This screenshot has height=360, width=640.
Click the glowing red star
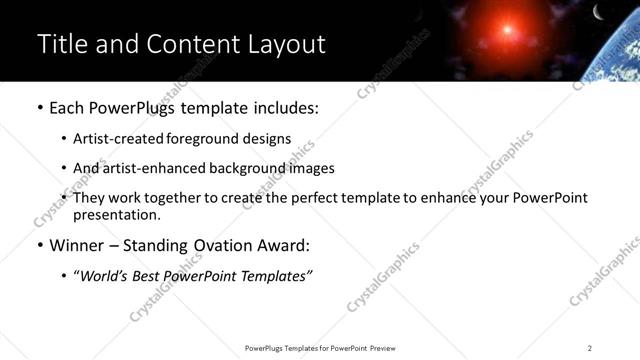[516, 25]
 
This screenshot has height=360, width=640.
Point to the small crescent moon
[598, 12]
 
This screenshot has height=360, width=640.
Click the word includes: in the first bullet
[286, 106]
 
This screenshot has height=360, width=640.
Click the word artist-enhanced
[151, 169]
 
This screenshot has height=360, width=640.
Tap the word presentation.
[116, 215]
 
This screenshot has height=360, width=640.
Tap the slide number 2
[590, 348]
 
